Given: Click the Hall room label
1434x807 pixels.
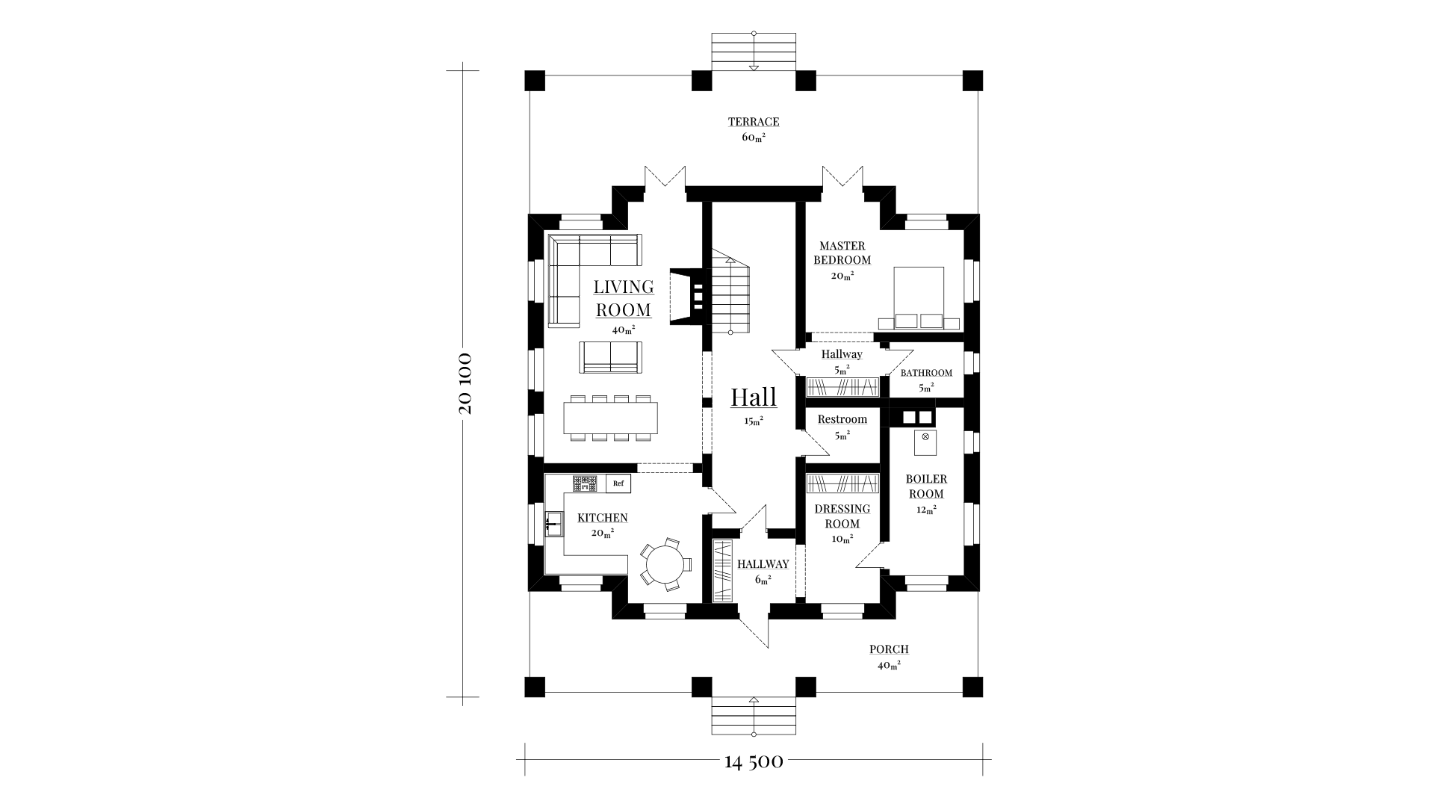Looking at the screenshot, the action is [754, 397].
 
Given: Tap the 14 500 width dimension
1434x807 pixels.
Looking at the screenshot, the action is [754, 761].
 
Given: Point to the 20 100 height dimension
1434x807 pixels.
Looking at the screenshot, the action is [464, 383].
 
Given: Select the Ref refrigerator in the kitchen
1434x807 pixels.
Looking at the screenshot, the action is [618, 483].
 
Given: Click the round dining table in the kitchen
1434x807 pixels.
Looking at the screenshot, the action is [664, 564].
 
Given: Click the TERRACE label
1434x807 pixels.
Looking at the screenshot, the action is [754, 122].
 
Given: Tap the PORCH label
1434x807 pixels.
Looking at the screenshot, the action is [889, 649].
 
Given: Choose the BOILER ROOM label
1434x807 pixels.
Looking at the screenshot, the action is [926, 486].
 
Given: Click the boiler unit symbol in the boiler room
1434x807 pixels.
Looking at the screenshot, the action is [925, 442].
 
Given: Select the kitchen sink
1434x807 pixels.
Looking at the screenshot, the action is [554, 525].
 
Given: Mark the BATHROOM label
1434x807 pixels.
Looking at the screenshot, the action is [926, 373].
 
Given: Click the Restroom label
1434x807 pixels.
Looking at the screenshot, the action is [842, 419].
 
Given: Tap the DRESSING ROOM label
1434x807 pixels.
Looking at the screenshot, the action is [842, 516].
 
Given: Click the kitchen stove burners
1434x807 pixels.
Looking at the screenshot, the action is [586, 483].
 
